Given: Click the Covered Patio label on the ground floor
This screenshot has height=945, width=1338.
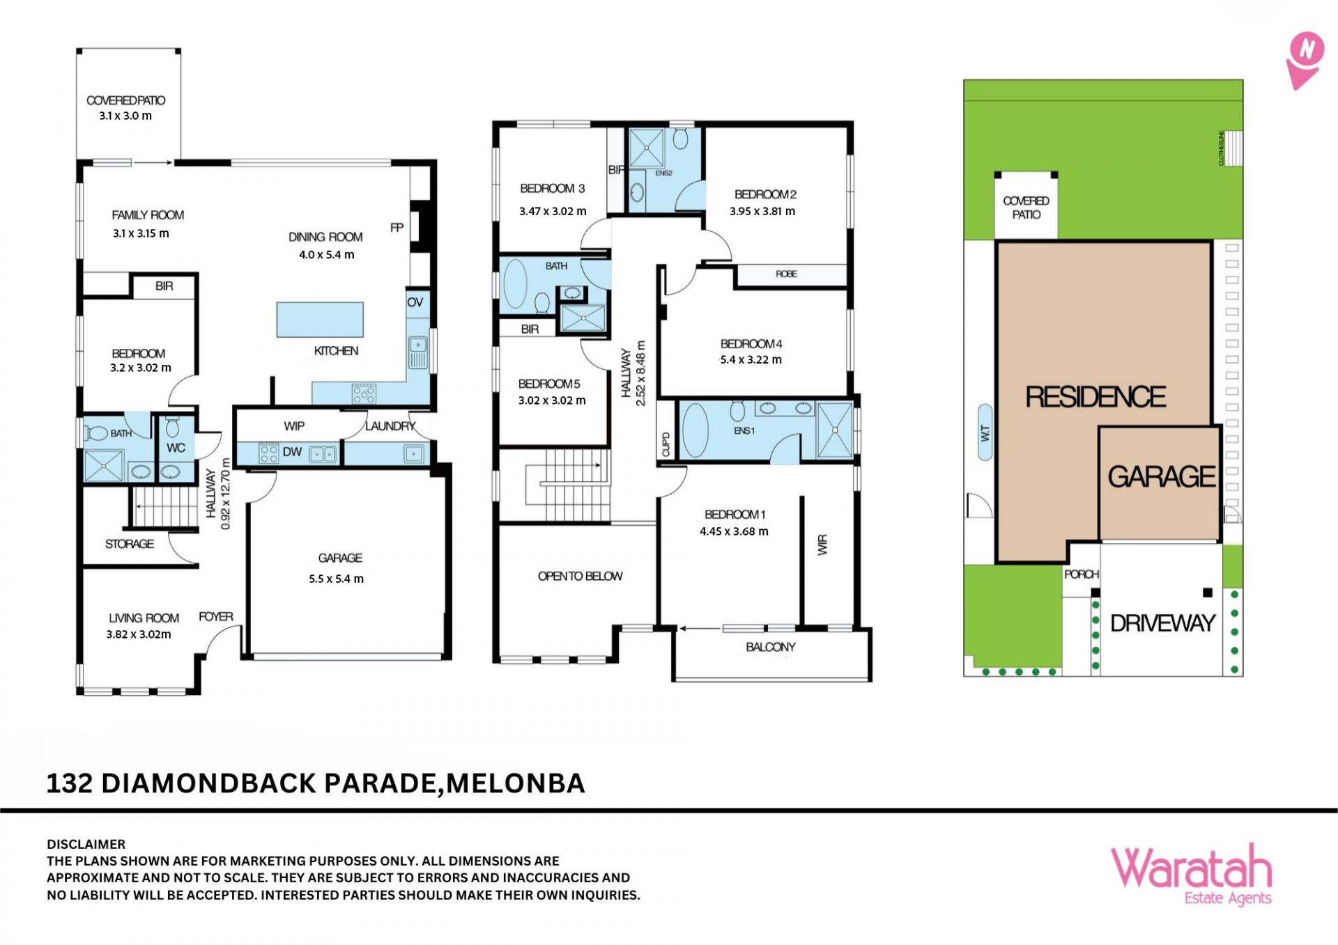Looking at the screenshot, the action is point(125,100).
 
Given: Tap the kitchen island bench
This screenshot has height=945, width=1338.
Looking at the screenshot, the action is point(320,320).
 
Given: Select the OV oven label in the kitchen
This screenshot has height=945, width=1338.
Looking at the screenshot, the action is point(415,302).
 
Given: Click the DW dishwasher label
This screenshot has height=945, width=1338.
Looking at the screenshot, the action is point(292,452).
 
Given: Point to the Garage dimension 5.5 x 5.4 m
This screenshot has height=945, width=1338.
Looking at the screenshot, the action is point(336,579).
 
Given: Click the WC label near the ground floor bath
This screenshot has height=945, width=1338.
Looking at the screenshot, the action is point(176,448).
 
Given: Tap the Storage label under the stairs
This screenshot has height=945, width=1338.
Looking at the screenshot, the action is point(130,544).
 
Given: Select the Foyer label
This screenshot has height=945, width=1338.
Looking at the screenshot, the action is point(216,617).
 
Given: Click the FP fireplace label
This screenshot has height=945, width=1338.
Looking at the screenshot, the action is point(397,228).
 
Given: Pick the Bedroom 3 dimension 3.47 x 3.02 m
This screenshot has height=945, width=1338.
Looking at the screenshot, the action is point(553,211).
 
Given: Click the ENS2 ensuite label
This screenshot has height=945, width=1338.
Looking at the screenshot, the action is point(663,173).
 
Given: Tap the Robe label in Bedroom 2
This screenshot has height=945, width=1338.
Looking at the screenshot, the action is point(786,274).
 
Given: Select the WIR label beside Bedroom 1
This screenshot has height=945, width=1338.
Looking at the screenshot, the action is point(823,545).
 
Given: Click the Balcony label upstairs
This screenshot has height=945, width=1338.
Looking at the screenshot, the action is point(770,647).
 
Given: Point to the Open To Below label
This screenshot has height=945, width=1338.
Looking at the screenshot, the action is point(580,576).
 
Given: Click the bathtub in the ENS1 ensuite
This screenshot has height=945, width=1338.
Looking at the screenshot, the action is point(695,430).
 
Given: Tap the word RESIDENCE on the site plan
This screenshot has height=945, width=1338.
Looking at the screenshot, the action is point(1095,397).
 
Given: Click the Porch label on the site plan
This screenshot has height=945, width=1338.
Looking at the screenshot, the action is point(1081,575).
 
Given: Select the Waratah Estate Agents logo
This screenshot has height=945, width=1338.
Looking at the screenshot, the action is point(1191,875).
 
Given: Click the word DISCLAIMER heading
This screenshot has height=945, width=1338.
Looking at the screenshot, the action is point(86,844).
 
